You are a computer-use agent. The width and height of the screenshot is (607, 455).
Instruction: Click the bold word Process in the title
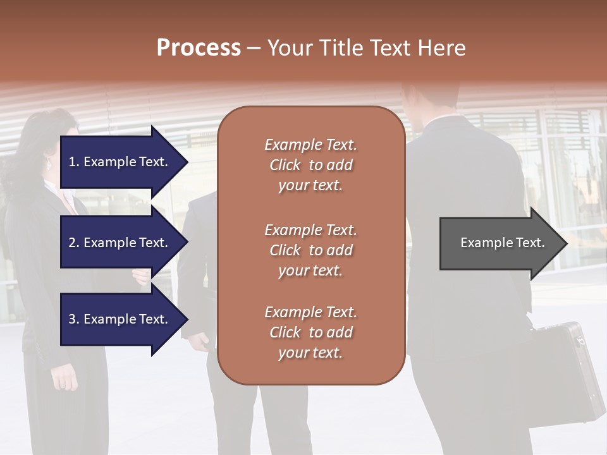tap(199, 48)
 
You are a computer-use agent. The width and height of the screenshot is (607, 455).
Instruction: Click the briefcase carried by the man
tap(563, 373)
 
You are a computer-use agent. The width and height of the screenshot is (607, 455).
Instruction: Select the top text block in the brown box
tap(310, 165)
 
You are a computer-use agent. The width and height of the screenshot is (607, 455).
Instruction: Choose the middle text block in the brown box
tap(310, 250)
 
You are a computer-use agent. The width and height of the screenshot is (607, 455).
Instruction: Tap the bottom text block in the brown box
tap(310, 332)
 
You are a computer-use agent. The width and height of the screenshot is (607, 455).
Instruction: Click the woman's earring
tap(49, 164)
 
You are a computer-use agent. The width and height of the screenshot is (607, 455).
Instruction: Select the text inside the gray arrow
tap(503, 243)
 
